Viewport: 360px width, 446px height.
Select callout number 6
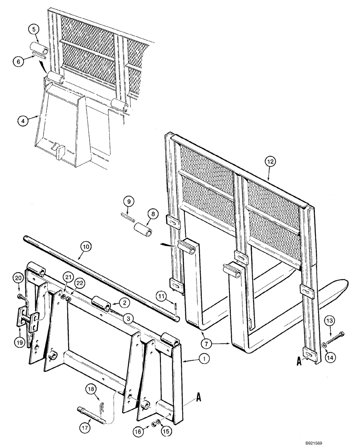point(18,62)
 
